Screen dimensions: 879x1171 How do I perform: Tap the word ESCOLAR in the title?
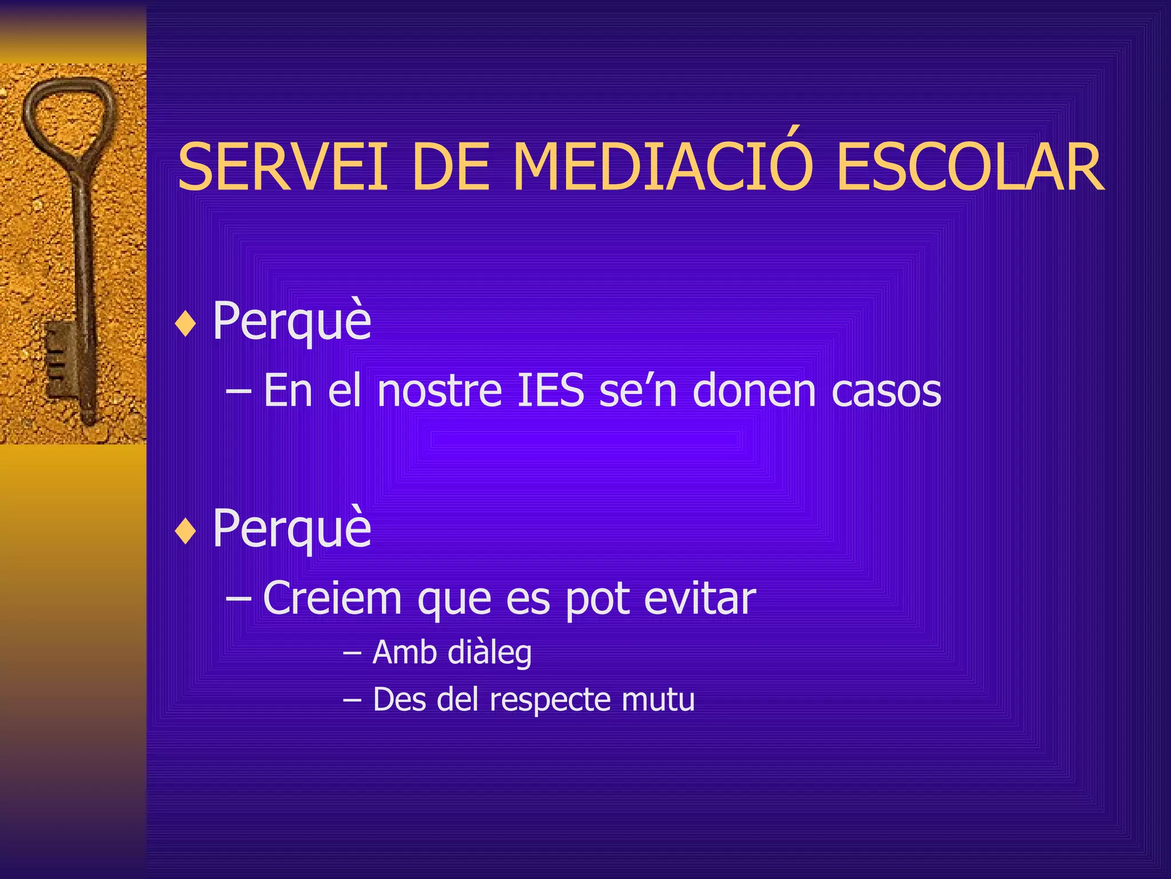969,168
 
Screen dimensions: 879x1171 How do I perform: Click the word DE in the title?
450,168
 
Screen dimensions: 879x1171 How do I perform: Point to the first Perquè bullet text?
292,322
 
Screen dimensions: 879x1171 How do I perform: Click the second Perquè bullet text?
292,529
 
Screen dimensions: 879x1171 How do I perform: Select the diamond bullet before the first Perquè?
186,324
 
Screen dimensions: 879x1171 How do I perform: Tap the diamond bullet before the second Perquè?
186,532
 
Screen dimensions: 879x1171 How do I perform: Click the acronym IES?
550,391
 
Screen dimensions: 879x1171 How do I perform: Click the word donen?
754,391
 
